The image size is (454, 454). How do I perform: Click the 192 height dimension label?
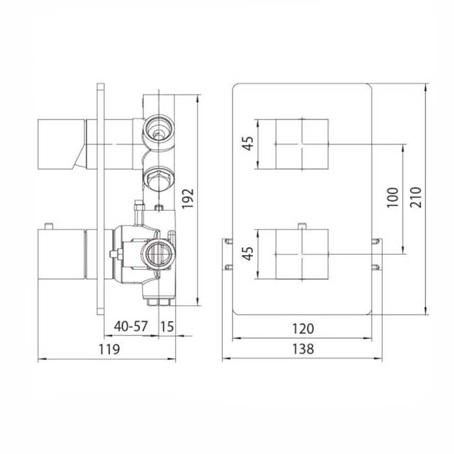point(187,198)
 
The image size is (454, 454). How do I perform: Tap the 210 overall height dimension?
point(416,197)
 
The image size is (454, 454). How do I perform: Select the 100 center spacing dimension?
point(393,197)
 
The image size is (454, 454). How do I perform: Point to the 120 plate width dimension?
point(303,329)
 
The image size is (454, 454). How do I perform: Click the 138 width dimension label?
point(303,349)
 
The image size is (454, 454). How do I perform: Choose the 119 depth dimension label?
point(109,349)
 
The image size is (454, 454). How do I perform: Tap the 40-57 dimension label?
point(131,327)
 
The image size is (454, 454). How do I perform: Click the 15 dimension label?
point(167,327)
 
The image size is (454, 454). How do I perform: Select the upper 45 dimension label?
point(248,143)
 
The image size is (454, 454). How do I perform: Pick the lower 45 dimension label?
point(248,254)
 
